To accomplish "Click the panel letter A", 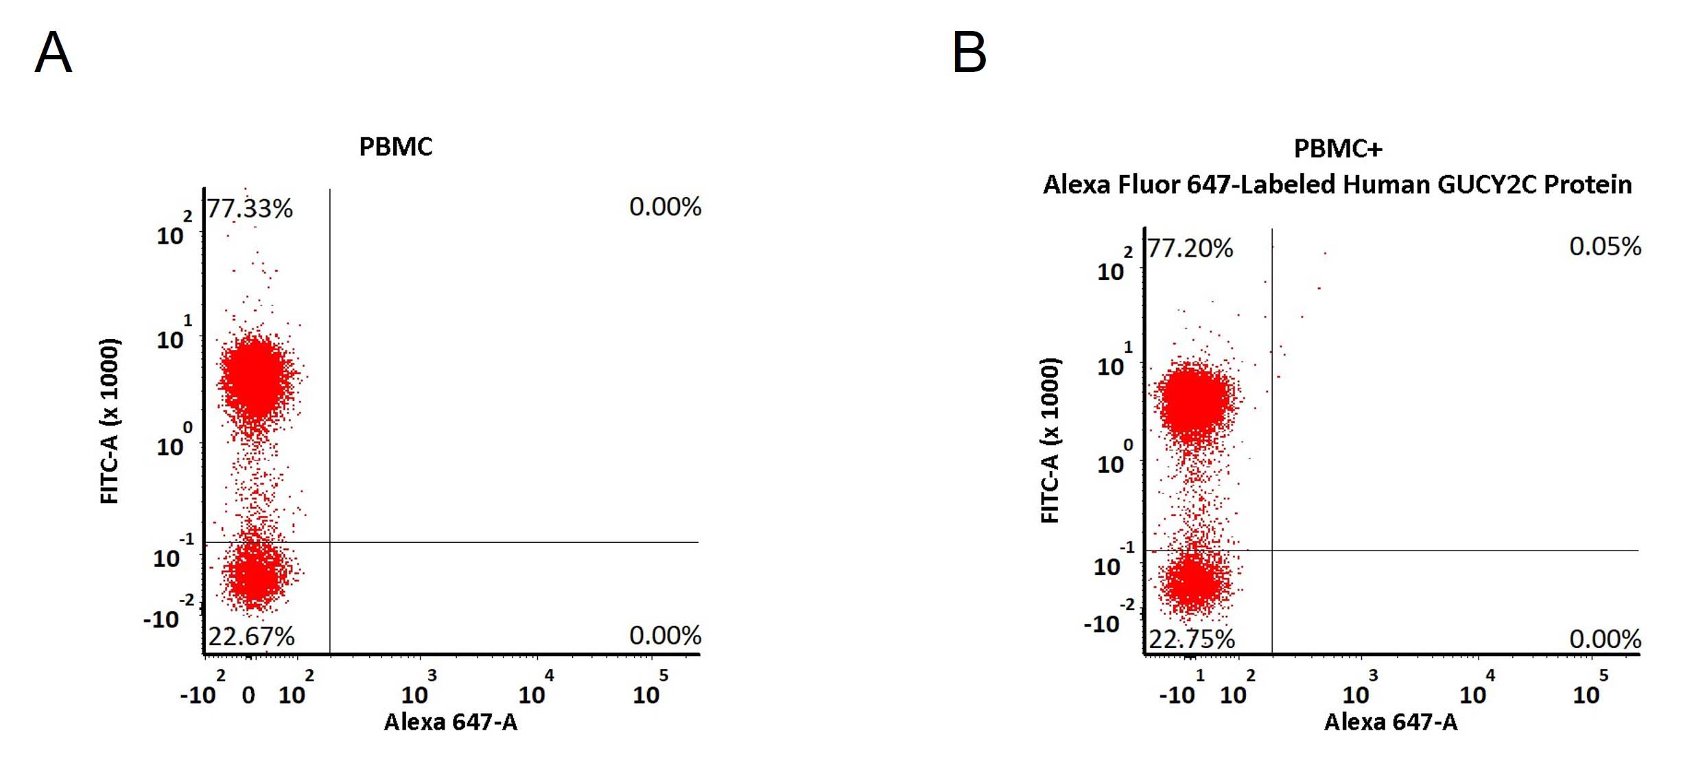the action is [53, 52].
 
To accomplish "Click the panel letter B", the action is [969, 52].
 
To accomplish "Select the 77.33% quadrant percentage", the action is [250, 208].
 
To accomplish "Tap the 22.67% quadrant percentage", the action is [251, 636].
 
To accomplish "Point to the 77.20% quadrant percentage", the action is [1190, 248].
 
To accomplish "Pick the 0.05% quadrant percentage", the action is [1605, 246].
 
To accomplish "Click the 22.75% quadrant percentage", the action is [1192, 639].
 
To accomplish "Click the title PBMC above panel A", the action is [396, 147].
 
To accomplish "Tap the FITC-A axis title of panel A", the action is [110, 421].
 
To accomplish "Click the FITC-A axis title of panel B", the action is [1050, 440].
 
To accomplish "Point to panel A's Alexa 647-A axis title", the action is [451, 722].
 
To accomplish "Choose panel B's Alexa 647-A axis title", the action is [1391, 722].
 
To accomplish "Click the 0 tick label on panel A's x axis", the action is [248, 695].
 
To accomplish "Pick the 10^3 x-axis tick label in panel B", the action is [1360, 688].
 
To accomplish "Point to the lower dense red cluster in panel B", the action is [1195, 582].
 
